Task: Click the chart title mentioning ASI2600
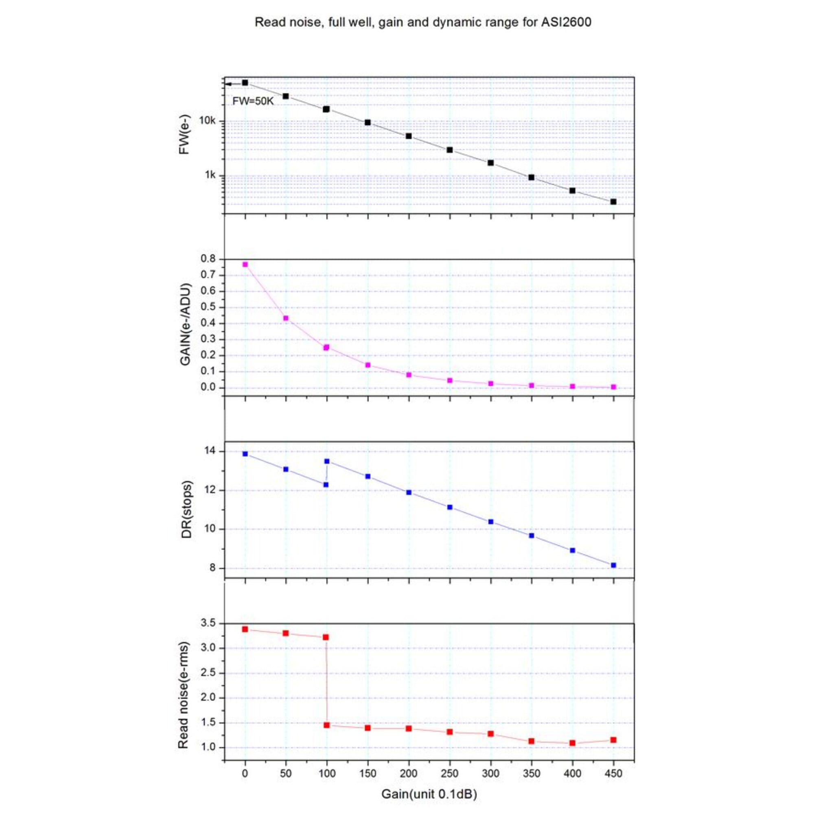click(x=422, y=22)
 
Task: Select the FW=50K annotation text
click(x=253, y=101)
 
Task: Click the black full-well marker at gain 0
click(x=245, y=83)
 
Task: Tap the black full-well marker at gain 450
click(x=613, y=202)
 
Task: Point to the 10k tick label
click(x=207, y=121)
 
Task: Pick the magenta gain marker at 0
click(x=245, y=265)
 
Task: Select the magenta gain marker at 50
click(x=286, y=318)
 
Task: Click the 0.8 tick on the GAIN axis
click(x=208, y=259)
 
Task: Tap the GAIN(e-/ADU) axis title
click(x=185, y=324)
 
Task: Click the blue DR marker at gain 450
click(x=613, y=565)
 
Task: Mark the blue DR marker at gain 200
click(x=409, y=492)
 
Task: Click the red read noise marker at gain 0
click(x=245, y=629)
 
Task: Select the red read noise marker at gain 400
click(x=572, y=743)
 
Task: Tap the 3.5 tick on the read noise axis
click(x=208, y=623)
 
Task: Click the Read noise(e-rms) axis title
click(x=183, y=695)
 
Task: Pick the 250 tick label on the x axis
click(x=450, y=774)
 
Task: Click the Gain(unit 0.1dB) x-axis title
click(x=429, y=794)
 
